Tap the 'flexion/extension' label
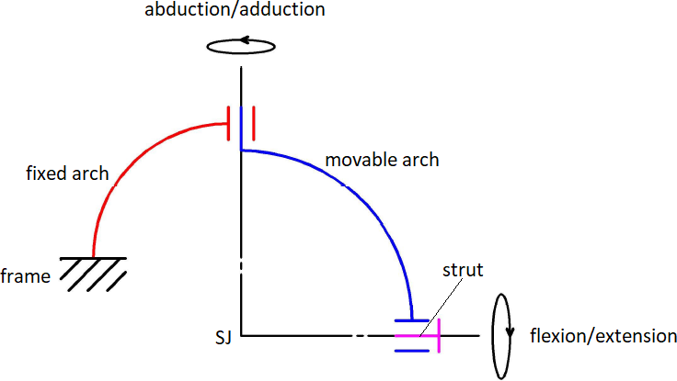(602, 335)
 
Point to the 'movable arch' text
(382, 160)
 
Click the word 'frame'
(25, 275)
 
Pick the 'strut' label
(462, 271)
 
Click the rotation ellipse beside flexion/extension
(501, 336)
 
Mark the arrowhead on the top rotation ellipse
(245, 39)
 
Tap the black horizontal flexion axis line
(294, 336)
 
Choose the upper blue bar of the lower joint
(412, 320)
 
